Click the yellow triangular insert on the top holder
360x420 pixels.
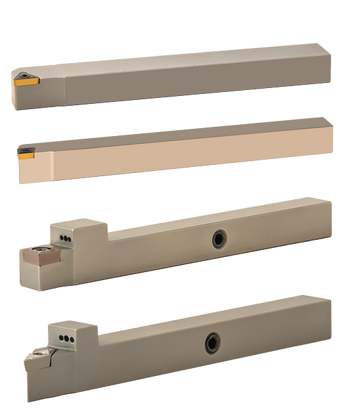click(26, 81)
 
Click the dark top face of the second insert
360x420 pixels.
click(25, 151)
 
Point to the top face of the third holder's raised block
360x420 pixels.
click(78, 225)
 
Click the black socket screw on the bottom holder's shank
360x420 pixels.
click(212, 342)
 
